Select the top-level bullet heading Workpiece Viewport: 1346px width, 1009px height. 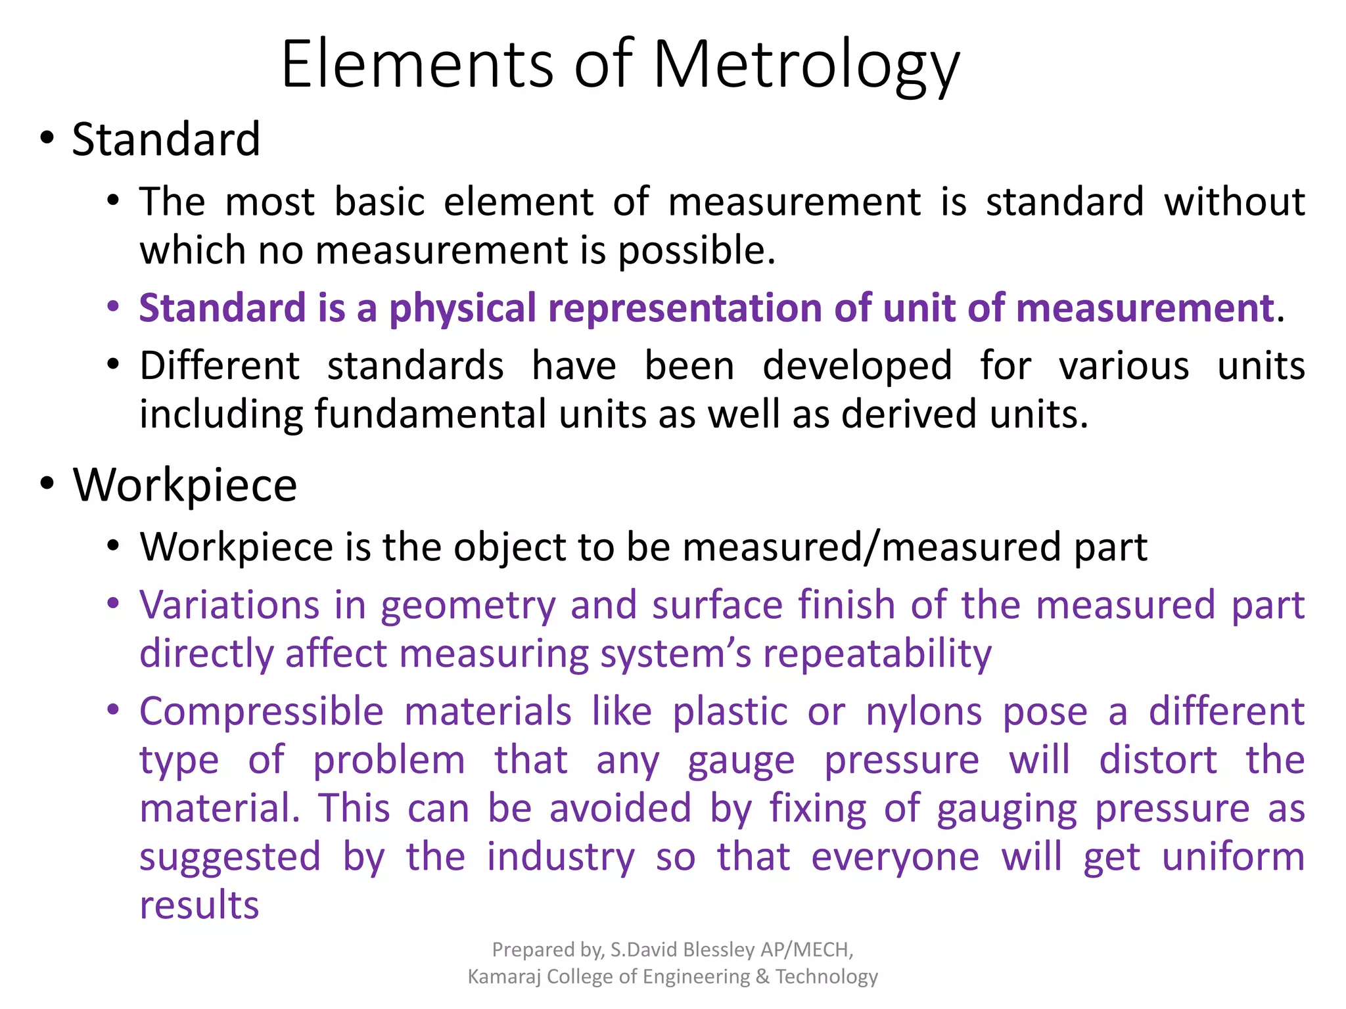coord(185,485)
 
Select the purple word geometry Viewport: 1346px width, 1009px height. coord(469,606)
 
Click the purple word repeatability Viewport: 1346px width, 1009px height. coord(877,654)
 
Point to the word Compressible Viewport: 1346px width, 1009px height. coord(262,711)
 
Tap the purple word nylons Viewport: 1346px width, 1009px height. coord(923,711)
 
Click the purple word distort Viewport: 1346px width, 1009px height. coord(1158,760)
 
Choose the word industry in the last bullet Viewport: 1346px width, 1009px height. coord(561,857)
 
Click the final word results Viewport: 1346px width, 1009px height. coord(199,905)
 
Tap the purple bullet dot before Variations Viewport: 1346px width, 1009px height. coord(114,602)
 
